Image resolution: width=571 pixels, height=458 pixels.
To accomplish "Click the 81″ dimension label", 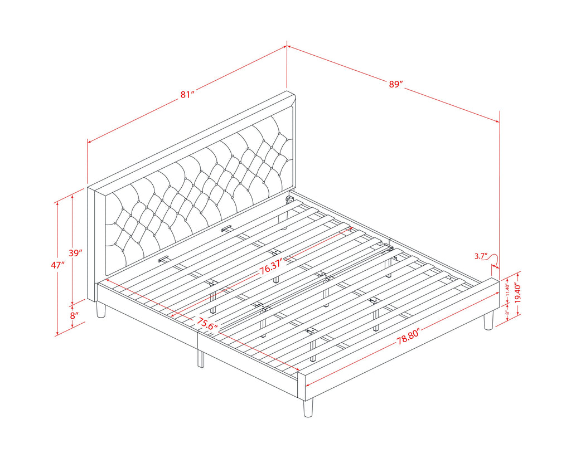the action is coord(187,95).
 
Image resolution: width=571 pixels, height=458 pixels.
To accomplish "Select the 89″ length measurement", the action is coord(396,84).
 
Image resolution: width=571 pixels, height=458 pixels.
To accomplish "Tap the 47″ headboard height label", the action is coord(58,265).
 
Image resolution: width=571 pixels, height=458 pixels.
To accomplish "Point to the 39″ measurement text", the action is coord(76,253).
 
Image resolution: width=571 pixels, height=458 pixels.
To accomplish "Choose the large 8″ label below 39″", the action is coord(74,315).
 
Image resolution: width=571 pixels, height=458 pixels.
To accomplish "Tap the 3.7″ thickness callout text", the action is coord(481,256).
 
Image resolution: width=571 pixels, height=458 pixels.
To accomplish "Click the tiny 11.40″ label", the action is coord(507,290).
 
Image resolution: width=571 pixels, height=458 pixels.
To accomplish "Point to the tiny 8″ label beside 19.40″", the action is coord(507,312).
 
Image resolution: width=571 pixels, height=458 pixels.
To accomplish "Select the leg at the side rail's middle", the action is coord(200,359).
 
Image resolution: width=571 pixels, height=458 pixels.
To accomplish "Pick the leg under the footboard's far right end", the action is coord(488,320).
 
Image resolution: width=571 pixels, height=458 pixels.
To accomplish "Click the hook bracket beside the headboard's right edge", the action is coord(290,199).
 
